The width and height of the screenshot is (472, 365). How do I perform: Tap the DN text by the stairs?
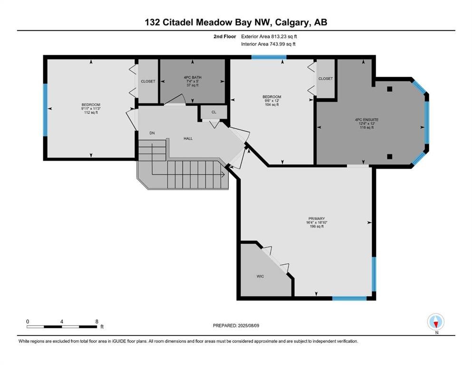[x=152, y=133]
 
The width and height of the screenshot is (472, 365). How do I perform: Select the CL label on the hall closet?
[x=214, y=113]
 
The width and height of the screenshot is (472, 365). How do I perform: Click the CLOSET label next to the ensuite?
[x=326, y=78]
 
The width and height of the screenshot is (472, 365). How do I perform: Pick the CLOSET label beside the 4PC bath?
[x=148, y=81]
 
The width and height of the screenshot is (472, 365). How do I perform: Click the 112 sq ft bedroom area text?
[x=91, y=113]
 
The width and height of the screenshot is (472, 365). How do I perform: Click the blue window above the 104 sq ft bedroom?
[x=269, y=57]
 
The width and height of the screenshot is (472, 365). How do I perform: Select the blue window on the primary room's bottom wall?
[x=349, y=298]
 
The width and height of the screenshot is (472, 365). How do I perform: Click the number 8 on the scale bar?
[x=96, y=321]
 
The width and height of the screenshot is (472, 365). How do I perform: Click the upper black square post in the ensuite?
[x=389, y=89]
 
